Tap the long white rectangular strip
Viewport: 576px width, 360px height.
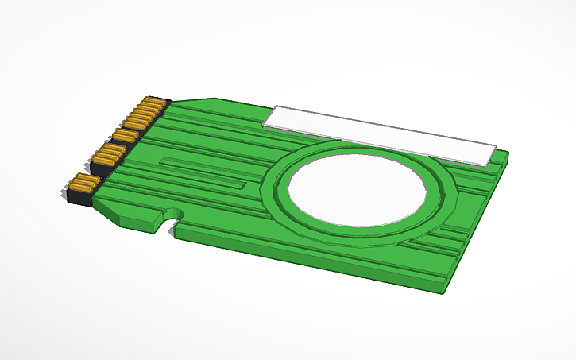[381, 133]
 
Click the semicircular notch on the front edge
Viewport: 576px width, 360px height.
[169, 217]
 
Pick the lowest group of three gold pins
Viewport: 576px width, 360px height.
[83, 184]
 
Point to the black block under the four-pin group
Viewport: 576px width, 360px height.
[101, 169]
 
